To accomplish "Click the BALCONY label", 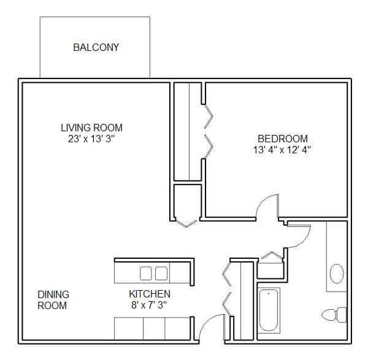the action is (96, 47).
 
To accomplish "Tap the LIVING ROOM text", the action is (92, 128).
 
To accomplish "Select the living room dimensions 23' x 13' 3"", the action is (91, 139).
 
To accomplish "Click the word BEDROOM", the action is (283, 139).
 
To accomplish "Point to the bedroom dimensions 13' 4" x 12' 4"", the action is (282, 150).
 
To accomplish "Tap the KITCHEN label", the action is (150, 294).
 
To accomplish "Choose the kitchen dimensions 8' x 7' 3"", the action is (149, 305).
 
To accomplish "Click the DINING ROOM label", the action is (53, 300).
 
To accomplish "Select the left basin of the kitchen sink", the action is (146, 274).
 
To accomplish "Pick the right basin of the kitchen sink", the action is (161, 274).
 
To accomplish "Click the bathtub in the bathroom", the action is (269, 310).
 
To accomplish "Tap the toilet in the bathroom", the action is (334, 315).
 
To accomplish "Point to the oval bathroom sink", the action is (337, 274).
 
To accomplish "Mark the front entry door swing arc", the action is (207, 320).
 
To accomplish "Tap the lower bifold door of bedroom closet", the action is (209, 147).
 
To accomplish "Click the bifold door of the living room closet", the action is (186, 223).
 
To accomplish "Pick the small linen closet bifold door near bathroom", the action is (272, 255).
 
